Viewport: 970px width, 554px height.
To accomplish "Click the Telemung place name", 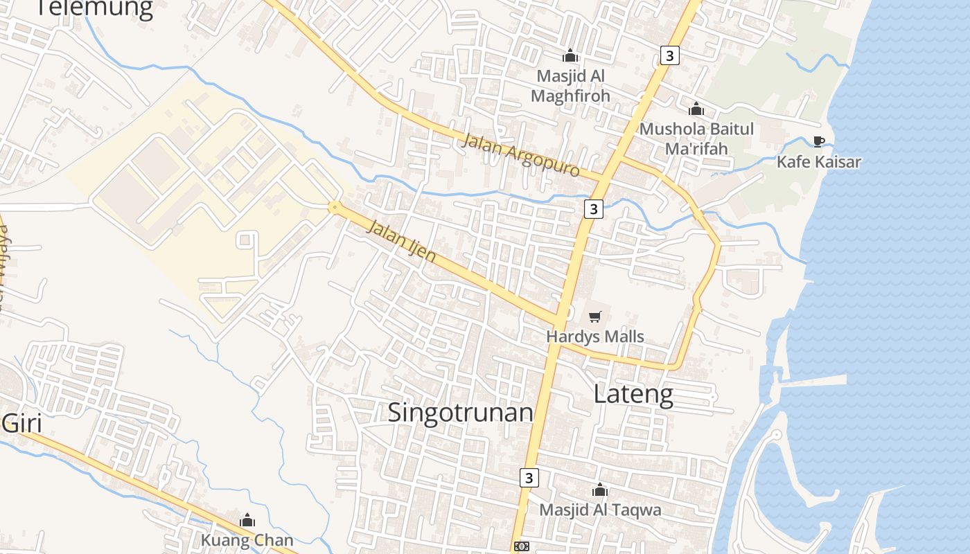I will (x=94, y=8).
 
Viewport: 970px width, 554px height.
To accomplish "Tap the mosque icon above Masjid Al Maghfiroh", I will (x=570, y=55).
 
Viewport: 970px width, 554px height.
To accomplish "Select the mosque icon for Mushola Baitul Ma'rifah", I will (x=696, y=109).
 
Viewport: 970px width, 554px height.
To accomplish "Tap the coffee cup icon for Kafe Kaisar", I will (x=819, y=142).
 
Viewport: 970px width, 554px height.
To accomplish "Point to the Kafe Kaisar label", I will (x=818, y=162).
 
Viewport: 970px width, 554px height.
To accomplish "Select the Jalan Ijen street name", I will (x=401, y=241).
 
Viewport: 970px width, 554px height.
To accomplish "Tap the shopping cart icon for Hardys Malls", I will (x=594, y=317).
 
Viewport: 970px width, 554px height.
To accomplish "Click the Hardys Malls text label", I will (x=595, y=337).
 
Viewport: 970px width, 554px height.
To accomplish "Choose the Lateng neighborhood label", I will (x=633, y=394).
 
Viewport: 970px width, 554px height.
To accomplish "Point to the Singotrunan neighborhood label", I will (x=460, y=412).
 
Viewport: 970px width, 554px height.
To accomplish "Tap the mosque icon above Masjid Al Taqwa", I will (x=600, y=490).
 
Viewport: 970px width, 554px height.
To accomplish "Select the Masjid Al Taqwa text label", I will (x=600, y=510).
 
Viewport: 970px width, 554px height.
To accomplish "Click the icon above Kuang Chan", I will (x=247, y=521).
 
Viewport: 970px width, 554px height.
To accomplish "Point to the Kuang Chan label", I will (x=247, y=540).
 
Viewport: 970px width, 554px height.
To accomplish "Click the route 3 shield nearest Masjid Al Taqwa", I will (x=529, y=477).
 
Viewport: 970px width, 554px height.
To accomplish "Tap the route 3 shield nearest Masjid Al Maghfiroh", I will (x=669, y=55).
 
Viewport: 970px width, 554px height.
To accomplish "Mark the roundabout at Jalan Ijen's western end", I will (x=335, y=206).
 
